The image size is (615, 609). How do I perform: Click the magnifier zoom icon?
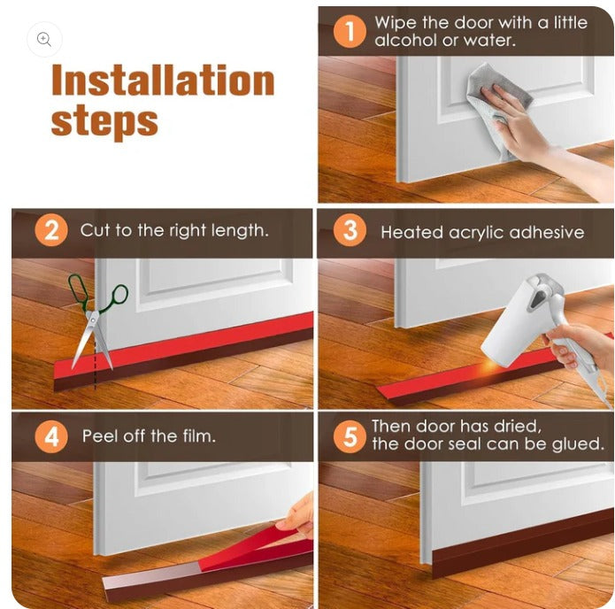point(44,40)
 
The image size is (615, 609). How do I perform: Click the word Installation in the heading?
point(163,80)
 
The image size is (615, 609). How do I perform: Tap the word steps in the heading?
point(104,120)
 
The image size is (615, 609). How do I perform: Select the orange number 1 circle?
point(350,31)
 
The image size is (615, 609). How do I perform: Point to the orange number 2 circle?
point(51,230)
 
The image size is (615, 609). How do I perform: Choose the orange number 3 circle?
point(350,230)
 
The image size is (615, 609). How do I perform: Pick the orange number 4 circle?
point(51,436)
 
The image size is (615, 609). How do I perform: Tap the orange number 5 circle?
point(350,436)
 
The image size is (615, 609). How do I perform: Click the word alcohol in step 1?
point(405,40)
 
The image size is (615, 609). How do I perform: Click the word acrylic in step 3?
point(476,233)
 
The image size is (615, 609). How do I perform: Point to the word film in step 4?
point(199,436)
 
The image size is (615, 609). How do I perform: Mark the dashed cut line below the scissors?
point(95,365)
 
